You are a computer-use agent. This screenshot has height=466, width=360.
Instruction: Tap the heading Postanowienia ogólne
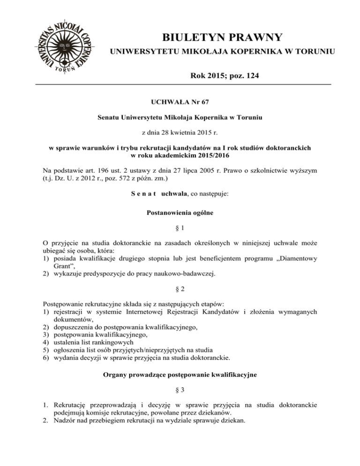(x=180, y=213)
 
